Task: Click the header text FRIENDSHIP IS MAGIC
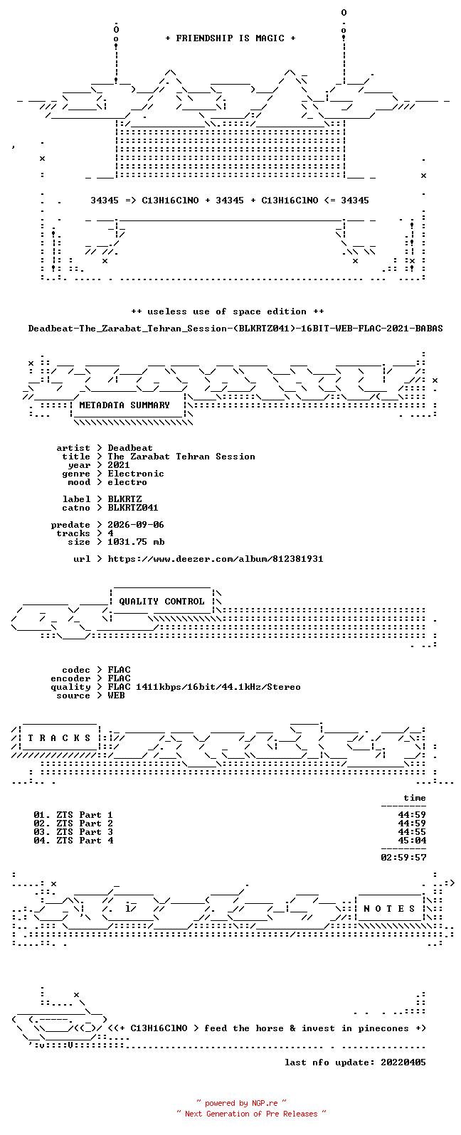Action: click(231, 38)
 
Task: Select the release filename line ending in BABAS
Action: click(235, 329)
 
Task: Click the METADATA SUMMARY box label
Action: click(124, 405)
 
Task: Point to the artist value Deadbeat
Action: click(129, 448)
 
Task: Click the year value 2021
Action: click(119, 465)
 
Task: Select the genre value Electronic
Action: click(136, 474)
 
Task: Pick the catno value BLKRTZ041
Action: click(133, 508)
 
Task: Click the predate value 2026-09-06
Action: click(136, 525)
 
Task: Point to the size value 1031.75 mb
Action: click(136, 542)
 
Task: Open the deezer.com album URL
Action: click(215, 559)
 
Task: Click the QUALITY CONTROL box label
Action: click(161, 602)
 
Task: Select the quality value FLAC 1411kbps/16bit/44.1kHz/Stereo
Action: click(204, 687)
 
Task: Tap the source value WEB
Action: click(116, 696)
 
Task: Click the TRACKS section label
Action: click(59, 738)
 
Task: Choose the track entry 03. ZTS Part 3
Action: click(73, 832)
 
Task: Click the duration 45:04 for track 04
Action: click(412, 841)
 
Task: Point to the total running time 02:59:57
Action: click(403, 858)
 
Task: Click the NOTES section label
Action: click(389, 909)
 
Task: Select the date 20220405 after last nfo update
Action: click(403, 1062)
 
